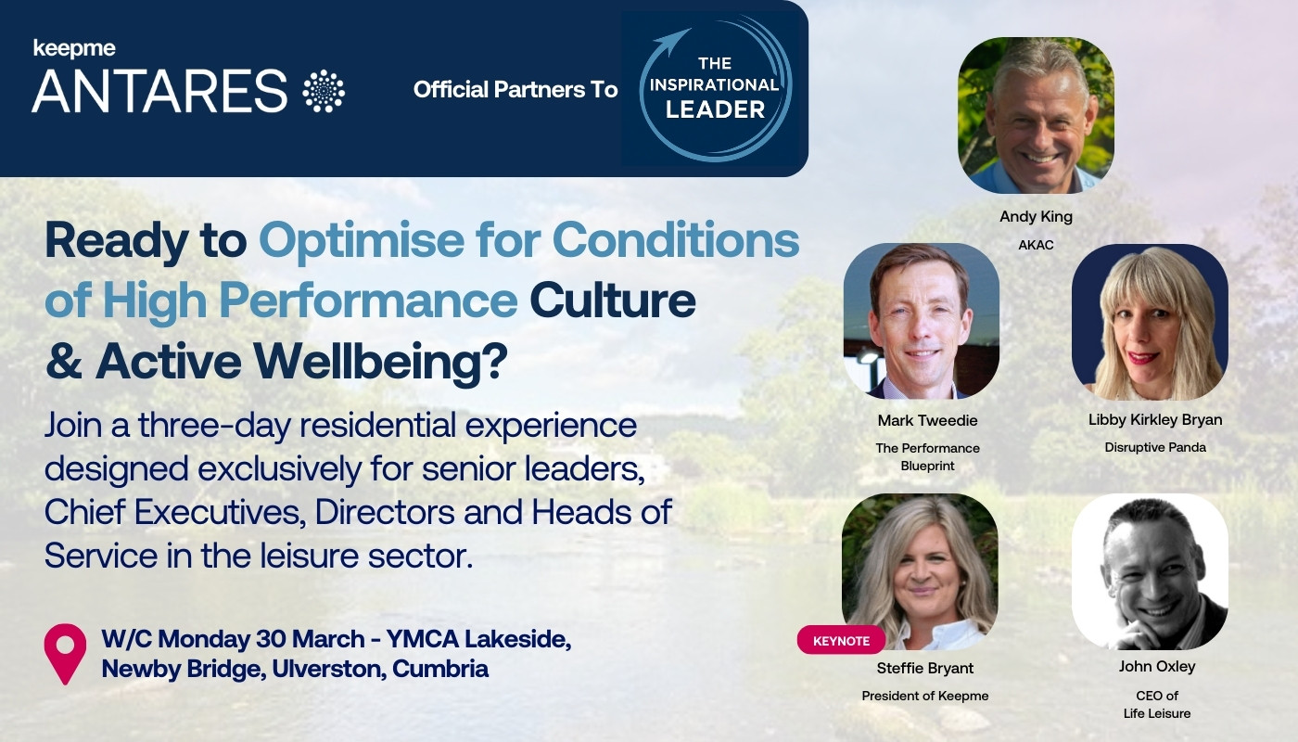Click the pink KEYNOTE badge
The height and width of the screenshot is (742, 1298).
coord(841,640)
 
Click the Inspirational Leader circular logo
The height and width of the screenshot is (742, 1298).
coord(714,89)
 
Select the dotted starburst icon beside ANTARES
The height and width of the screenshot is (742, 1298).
coord(324,91)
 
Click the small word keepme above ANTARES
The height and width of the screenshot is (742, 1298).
coord(74,48)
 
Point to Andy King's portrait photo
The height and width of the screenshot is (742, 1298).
coord(1036,115)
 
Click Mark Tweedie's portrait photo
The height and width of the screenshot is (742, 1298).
coord(922,321)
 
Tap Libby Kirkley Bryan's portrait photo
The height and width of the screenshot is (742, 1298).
coord(1150,321)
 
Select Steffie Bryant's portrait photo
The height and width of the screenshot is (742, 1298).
coord(920,571)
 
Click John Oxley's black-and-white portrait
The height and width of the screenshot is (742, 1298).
coord(1150,571)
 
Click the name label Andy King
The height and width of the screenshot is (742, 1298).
coord(1036,217)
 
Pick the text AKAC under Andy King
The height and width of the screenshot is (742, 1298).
coord(1036,244)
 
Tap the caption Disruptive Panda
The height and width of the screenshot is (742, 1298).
coord(1154,447)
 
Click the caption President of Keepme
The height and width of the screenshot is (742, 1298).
coord(925,696)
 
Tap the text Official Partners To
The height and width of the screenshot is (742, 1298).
coord(515,90)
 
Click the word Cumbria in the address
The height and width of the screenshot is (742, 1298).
coord(440,668)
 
